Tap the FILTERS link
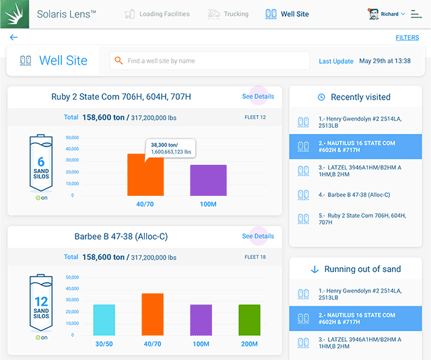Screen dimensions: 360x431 (407, 38)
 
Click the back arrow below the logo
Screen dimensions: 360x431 (13, 38)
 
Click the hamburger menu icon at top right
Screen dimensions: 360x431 (416, 14)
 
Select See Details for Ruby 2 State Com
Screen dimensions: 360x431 (258, 97)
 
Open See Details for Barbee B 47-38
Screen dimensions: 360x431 (258, 236)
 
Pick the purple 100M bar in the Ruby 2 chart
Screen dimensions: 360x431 (208, 180)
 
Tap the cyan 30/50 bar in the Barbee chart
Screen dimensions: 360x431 (104, 320)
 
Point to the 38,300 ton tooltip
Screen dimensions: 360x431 (170, 148)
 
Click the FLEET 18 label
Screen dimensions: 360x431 (255, 257)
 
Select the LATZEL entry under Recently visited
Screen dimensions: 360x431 (354, 170)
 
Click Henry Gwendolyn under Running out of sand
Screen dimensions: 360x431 (354, 294)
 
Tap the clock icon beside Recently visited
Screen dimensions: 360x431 (321, 98)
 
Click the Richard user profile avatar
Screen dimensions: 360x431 (374, 14)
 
